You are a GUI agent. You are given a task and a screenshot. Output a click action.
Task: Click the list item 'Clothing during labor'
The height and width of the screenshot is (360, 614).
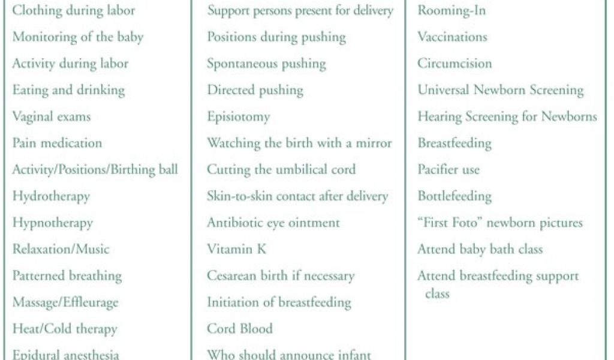tap(73, 11)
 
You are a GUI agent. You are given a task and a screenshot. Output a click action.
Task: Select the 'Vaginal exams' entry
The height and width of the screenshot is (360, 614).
tap(52, 116)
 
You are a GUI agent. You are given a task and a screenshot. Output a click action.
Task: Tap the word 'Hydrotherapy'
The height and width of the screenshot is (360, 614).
tap(51, 196)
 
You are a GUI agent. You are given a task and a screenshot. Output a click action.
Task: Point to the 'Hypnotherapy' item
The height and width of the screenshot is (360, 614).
tap(53, 223)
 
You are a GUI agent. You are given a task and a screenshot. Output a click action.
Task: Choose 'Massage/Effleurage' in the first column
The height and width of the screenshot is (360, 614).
tap(65, 302)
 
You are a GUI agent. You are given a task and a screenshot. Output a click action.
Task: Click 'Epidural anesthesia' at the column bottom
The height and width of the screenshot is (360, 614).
tap(65, 354)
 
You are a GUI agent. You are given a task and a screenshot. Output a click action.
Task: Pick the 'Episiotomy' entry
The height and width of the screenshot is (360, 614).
tap(238, 116)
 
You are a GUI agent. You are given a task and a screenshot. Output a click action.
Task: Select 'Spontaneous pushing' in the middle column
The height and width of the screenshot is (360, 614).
tap(266, 64)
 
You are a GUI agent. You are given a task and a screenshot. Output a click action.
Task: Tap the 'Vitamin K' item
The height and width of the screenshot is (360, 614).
tap(236, 249)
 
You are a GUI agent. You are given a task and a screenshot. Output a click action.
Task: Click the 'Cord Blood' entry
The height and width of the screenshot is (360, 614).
tap(240, 328)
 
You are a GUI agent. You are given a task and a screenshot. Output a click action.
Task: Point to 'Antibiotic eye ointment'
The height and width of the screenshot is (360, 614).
tap(273, 223)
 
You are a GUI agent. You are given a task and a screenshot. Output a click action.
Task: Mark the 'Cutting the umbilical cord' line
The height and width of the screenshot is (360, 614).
tap(281, 169)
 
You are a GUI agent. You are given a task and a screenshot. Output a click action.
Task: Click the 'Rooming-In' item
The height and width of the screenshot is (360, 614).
tap(452, 11)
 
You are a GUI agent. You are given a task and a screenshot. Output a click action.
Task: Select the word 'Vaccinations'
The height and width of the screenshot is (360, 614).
tap(452, 37)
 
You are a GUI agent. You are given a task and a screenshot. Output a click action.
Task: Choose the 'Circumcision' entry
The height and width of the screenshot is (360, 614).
tap(455, 64)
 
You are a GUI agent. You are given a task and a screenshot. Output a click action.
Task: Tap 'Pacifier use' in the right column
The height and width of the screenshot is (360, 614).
tap(449, 169)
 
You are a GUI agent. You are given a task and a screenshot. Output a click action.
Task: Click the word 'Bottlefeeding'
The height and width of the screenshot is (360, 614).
tap(455, 196)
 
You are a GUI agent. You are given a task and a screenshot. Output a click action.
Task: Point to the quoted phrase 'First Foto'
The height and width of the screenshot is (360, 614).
tap(450, 223)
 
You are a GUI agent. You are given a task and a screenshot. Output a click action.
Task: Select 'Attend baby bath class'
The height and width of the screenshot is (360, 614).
tap(480, 249)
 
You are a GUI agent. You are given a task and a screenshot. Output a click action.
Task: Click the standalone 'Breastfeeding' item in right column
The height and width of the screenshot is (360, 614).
tap(455, 143)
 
